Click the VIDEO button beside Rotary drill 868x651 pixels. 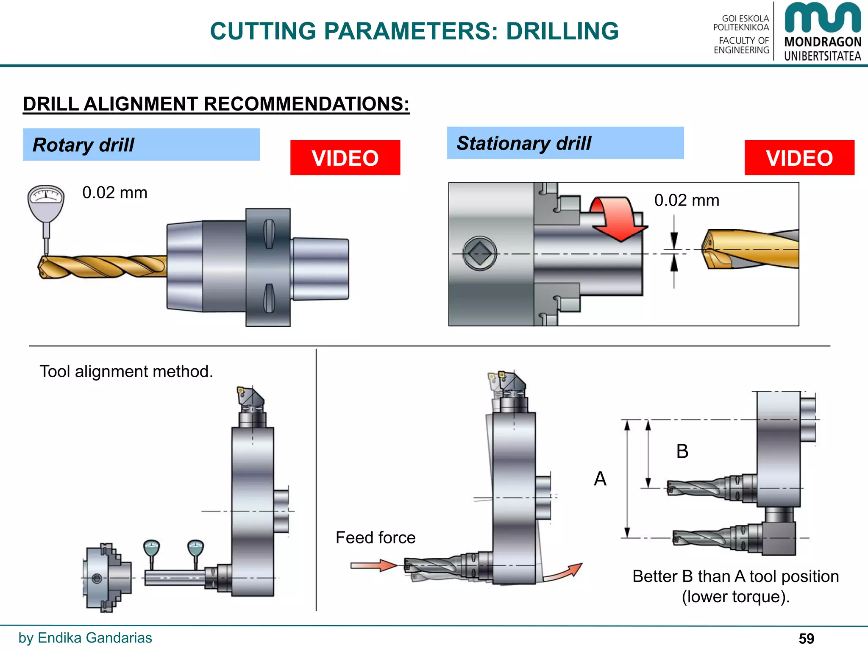[345, 158]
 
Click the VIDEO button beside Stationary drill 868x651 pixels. [799, 158]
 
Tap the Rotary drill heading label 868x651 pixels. [83, 145]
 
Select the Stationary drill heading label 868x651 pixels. [523, 143]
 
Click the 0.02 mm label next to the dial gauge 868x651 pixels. [114, 193]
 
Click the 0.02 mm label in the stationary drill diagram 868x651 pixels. [687, 200]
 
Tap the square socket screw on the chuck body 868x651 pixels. [479, 253]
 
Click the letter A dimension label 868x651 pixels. [600, 479]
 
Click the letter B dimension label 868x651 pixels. [682, 451]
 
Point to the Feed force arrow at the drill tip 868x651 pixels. [373, 565]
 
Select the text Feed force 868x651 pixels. [376, 537]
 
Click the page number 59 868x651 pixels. [806, 638]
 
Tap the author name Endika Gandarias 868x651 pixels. [95, 637]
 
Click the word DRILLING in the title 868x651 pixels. [562, 31]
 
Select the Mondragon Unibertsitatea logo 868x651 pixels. [822, 32]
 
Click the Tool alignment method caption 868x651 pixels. [126, 371]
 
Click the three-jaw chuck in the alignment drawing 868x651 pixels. [106, 578]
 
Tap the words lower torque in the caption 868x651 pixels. [735, 597]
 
